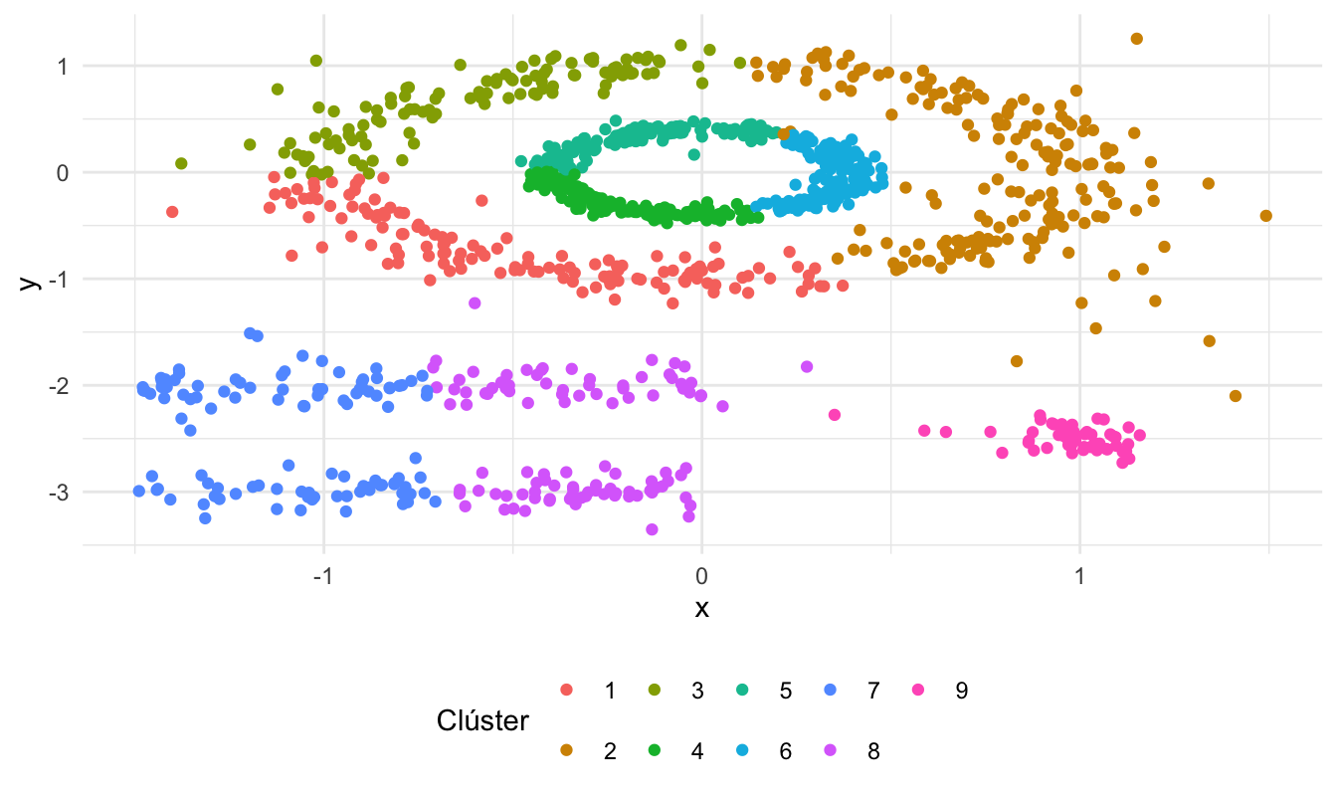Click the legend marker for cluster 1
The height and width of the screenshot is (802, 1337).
[567, 691]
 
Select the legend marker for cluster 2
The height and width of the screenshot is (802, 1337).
[567, 751]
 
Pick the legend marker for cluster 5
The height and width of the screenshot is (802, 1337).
[742, 691]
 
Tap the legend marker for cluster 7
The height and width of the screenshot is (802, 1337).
[830, 691]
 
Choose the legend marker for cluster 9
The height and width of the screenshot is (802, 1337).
[917, 691]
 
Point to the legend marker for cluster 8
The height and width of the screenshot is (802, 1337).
[830, 751]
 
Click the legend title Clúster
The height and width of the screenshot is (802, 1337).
[482, 721]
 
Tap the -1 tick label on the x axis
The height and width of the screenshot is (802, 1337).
[320, 578]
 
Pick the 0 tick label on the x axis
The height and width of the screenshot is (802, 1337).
[701, 578]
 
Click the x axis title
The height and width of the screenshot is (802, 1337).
[701, 609]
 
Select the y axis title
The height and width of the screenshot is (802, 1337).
[31, 281]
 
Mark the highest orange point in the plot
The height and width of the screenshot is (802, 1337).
[1137, 39]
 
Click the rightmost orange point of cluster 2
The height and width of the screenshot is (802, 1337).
[1265, 216]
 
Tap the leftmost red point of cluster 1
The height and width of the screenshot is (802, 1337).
[172, 212]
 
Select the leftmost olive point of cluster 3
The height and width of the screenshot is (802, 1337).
[181, 163]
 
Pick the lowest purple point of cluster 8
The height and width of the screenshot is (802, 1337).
[652, 529]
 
